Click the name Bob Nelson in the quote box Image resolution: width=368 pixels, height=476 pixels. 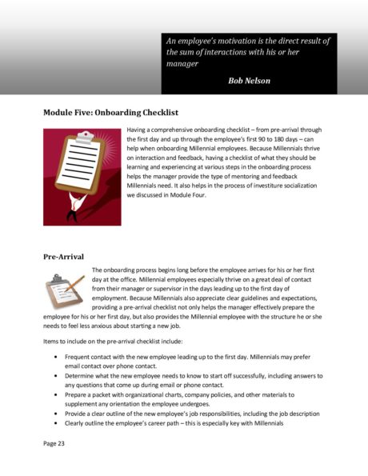250,80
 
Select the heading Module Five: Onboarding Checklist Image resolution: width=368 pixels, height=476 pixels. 110,114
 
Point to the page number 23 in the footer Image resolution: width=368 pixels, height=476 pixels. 60,440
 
